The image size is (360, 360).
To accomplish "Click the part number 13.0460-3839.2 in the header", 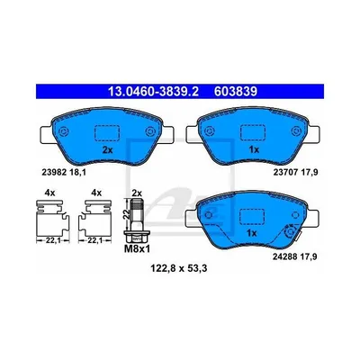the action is pos(153,91).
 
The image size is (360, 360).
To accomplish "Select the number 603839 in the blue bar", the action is pos(236,91).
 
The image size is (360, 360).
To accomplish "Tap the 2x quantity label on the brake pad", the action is pos(107,150).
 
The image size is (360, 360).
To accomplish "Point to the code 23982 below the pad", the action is pos(50,172).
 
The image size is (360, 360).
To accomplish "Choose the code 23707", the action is pos(283,172).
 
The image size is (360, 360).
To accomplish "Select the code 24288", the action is pos(283,256).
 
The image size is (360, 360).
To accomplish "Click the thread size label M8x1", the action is pos(137,248).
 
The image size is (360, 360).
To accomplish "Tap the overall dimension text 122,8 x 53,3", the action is pos(179,269).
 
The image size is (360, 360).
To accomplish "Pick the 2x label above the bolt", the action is pos(137,193).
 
